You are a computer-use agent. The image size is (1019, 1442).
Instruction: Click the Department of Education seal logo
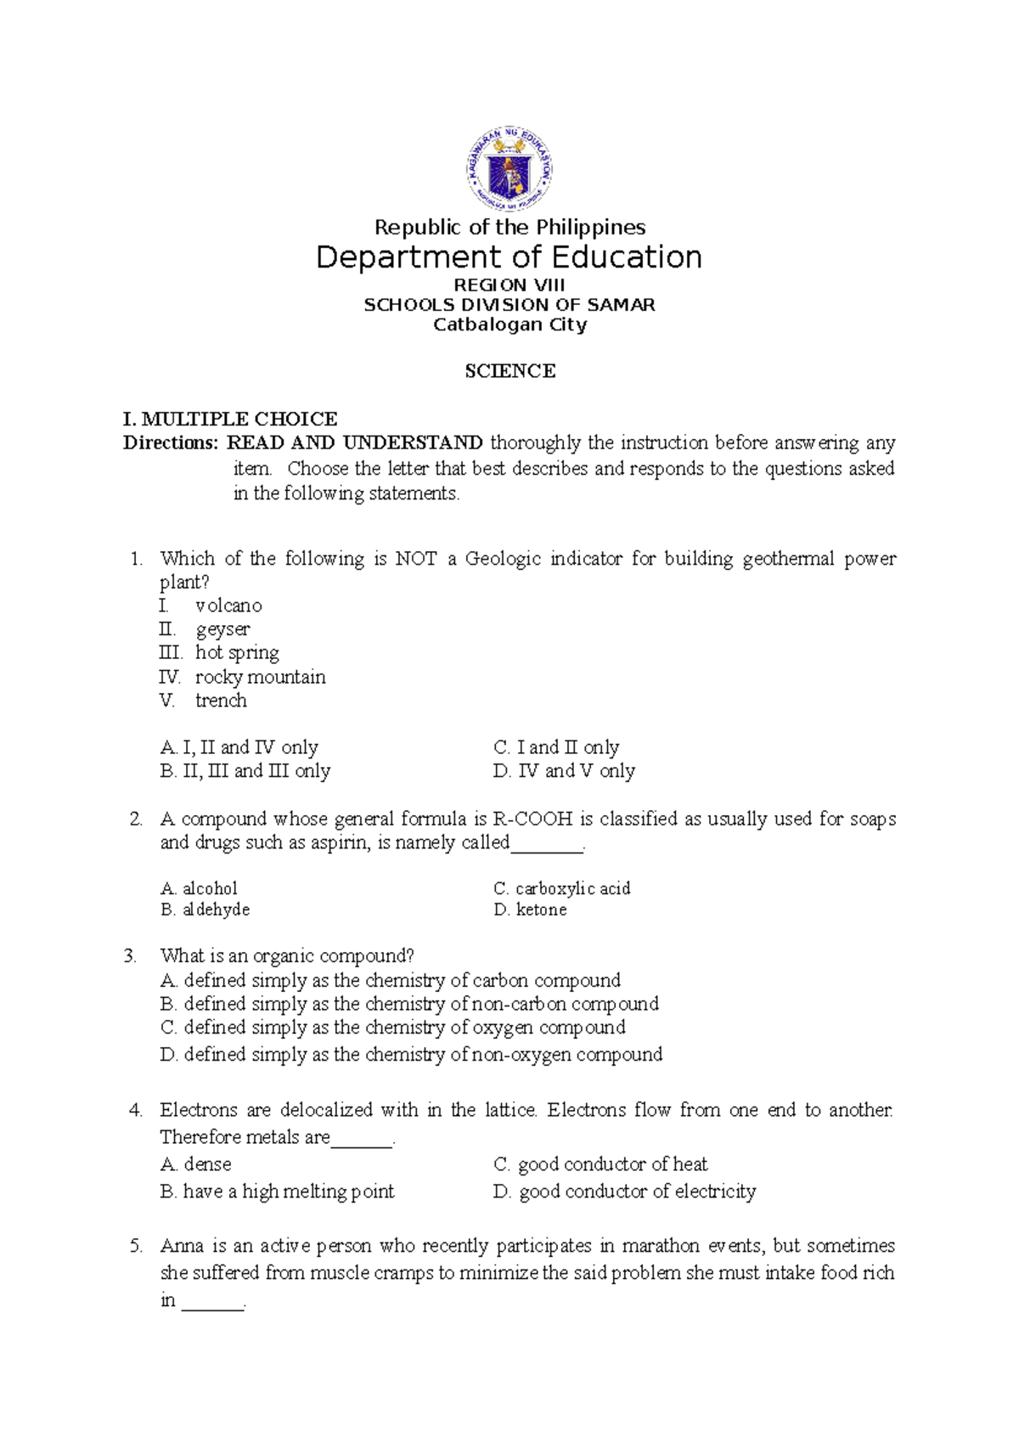(x=509, y=170)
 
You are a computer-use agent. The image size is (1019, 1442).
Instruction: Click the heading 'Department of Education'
(x=509, y=257)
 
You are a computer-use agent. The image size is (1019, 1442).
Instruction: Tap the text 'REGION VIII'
(x=509, y=285)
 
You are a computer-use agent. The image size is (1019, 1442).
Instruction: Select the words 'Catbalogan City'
(x=509, y=324)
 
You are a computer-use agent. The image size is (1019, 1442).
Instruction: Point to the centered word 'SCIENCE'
(x=509, y=371)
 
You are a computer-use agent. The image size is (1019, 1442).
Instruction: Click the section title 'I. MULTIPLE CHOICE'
(x=230, y=419)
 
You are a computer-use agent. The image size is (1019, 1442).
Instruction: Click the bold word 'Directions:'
(x=171, y=442)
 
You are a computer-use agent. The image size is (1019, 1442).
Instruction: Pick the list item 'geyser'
(x=222, y=629)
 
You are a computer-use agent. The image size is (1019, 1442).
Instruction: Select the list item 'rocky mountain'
(x=260, y=677)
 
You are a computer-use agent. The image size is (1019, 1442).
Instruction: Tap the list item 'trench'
(x=221, y=701)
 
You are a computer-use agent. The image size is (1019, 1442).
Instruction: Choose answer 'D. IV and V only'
(x=564, y=771)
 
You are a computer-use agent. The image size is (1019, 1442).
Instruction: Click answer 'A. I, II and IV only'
(x=239, y=747)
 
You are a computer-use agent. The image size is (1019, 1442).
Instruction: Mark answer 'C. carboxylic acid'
(x=561, y=888)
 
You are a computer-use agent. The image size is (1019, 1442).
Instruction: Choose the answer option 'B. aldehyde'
(x=205, y=910)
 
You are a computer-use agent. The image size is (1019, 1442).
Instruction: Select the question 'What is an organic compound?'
(x=287, y=956)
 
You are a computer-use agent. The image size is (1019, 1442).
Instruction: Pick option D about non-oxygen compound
(x=411, y=1055)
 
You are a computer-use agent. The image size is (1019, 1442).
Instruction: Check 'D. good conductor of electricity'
(x=624, y=1191)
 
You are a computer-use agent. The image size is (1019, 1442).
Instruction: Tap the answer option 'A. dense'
(x=195, y=1164)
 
